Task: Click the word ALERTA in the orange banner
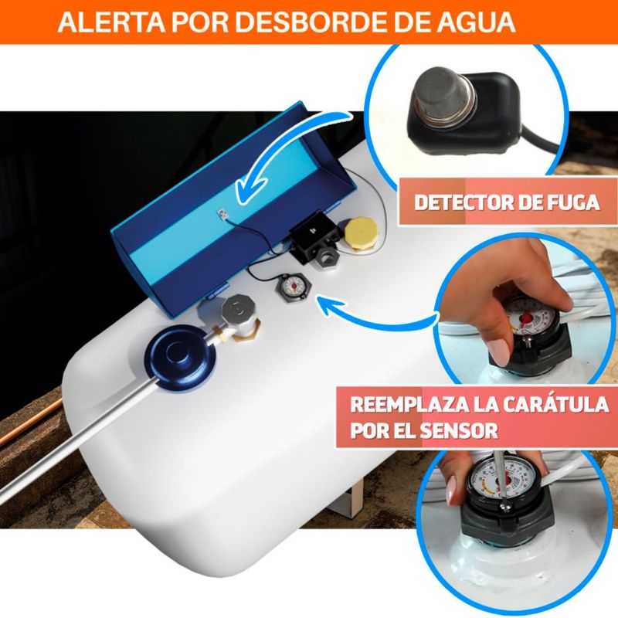click(110, 22)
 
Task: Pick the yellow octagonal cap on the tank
click(361, 233)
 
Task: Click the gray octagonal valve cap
click(236, 310)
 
